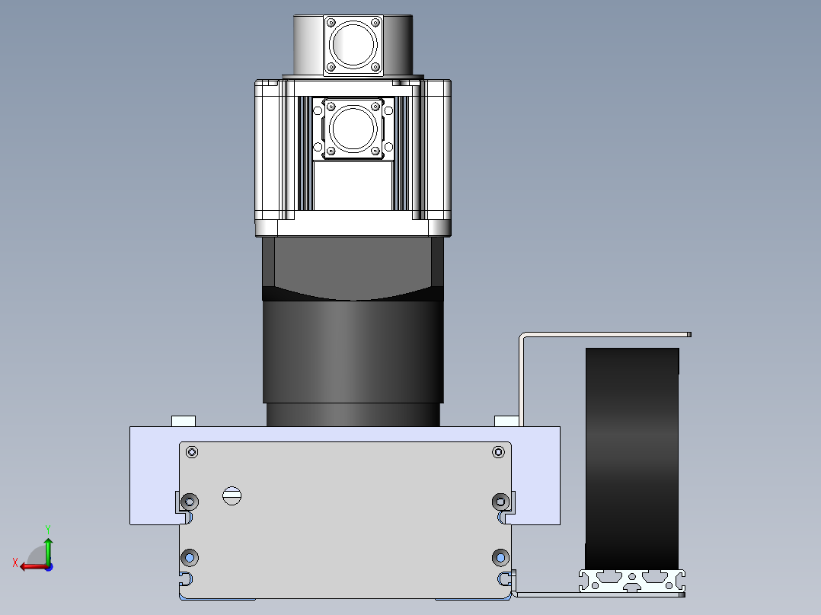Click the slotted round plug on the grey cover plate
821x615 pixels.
click(x=232, y=496)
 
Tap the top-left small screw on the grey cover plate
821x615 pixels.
click(x=192, y=451)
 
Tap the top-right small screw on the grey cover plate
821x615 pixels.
click(x=498, y=451)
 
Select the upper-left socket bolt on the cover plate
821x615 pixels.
click(x=190, y=502)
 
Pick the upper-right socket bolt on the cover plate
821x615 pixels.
click(x=500, y=502)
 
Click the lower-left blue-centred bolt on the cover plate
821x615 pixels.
click(x=190, y=557)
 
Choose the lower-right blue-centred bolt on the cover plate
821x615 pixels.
click(x=500, y=557)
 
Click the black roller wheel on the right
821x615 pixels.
click(x=632, y=458)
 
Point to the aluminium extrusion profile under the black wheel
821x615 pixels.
click(x=632, y=581)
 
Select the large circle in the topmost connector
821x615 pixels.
click(x=353, y=44)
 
